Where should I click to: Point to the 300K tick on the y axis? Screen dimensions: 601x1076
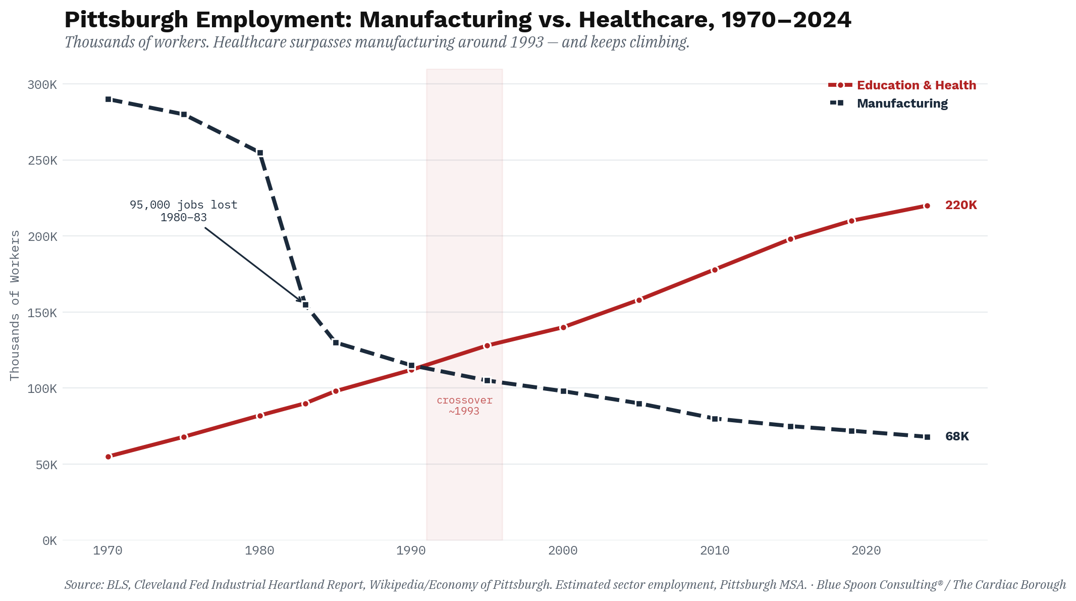click(x=42, y=84)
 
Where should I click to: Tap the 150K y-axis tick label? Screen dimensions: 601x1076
click(x=42, y=313)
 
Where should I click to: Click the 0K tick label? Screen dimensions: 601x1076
click(x=49, y=541)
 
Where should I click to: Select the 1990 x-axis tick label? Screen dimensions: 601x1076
click(x=411, y=550)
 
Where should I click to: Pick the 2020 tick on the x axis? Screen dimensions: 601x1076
click(x=866, y=550)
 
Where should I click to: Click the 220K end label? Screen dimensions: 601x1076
click(x=961, y=205)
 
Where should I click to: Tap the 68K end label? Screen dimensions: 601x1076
click(x=957, y=436)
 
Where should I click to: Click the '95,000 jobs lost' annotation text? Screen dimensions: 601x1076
click(x=183, y=205)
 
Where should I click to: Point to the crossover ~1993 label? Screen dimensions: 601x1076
click(x=464, y=406)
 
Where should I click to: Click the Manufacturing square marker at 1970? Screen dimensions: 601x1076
click(x=108, y=99)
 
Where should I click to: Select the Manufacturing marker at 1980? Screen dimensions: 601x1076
click(x=260, y=153)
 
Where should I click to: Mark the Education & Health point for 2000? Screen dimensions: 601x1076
click(x=563, y=327)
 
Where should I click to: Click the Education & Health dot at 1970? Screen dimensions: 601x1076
click(x=108, y=457)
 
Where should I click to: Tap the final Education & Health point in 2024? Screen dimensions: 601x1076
click(x=927, y=206)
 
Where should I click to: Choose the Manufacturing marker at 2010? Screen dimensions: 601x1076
click(x=715, y=419)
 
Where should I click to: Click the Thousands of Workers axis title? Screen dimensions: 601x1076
click(x=15, y=305)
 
